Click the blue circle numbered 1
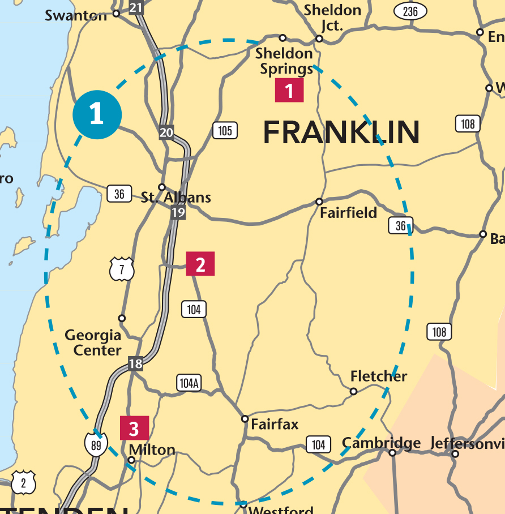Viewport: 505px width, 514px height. [x=97, y=114]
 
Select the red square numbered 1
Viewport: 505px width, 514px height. [x=289, y=90]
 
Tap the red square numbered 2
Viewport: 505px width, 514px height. [x=200, y=264]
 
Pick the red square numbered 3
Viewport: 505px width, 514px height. [x=134, y=428]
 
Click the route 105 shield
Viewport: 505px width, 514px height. [x=225, y=131]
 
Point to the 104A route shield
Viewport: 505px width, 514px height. [x=189, y=383]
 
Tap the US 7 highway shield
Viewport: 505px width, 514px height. [x=122, y=269]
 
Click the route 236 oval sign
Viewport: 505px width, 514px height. [x=410, y=11]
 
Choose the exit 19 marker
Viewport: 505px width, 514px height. [x=178, y=213]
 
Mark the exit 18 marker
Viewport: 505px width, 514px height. [x=135, y=363]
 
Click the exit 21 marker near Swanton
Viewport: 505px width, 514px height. [x=136, y=7]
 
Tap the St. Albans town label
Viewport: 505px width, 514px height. [x=176, y=198]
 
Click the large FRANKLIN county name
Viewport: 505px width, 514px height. [x=341, y=132]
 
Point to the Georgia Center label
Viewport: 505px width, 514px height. [x=93, y=342]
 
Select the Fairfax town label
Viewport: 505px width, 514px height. [x=275, y=424]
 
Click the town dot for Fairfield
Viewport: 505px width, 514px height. [x=319, y=202]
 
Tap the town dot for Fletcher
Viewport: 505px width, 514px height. [x=353, y=391]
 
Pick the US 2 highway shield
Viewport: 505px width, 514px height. [x=23, y=483]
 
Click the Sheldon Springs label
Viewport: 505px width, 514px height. [x=284, y=61]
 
